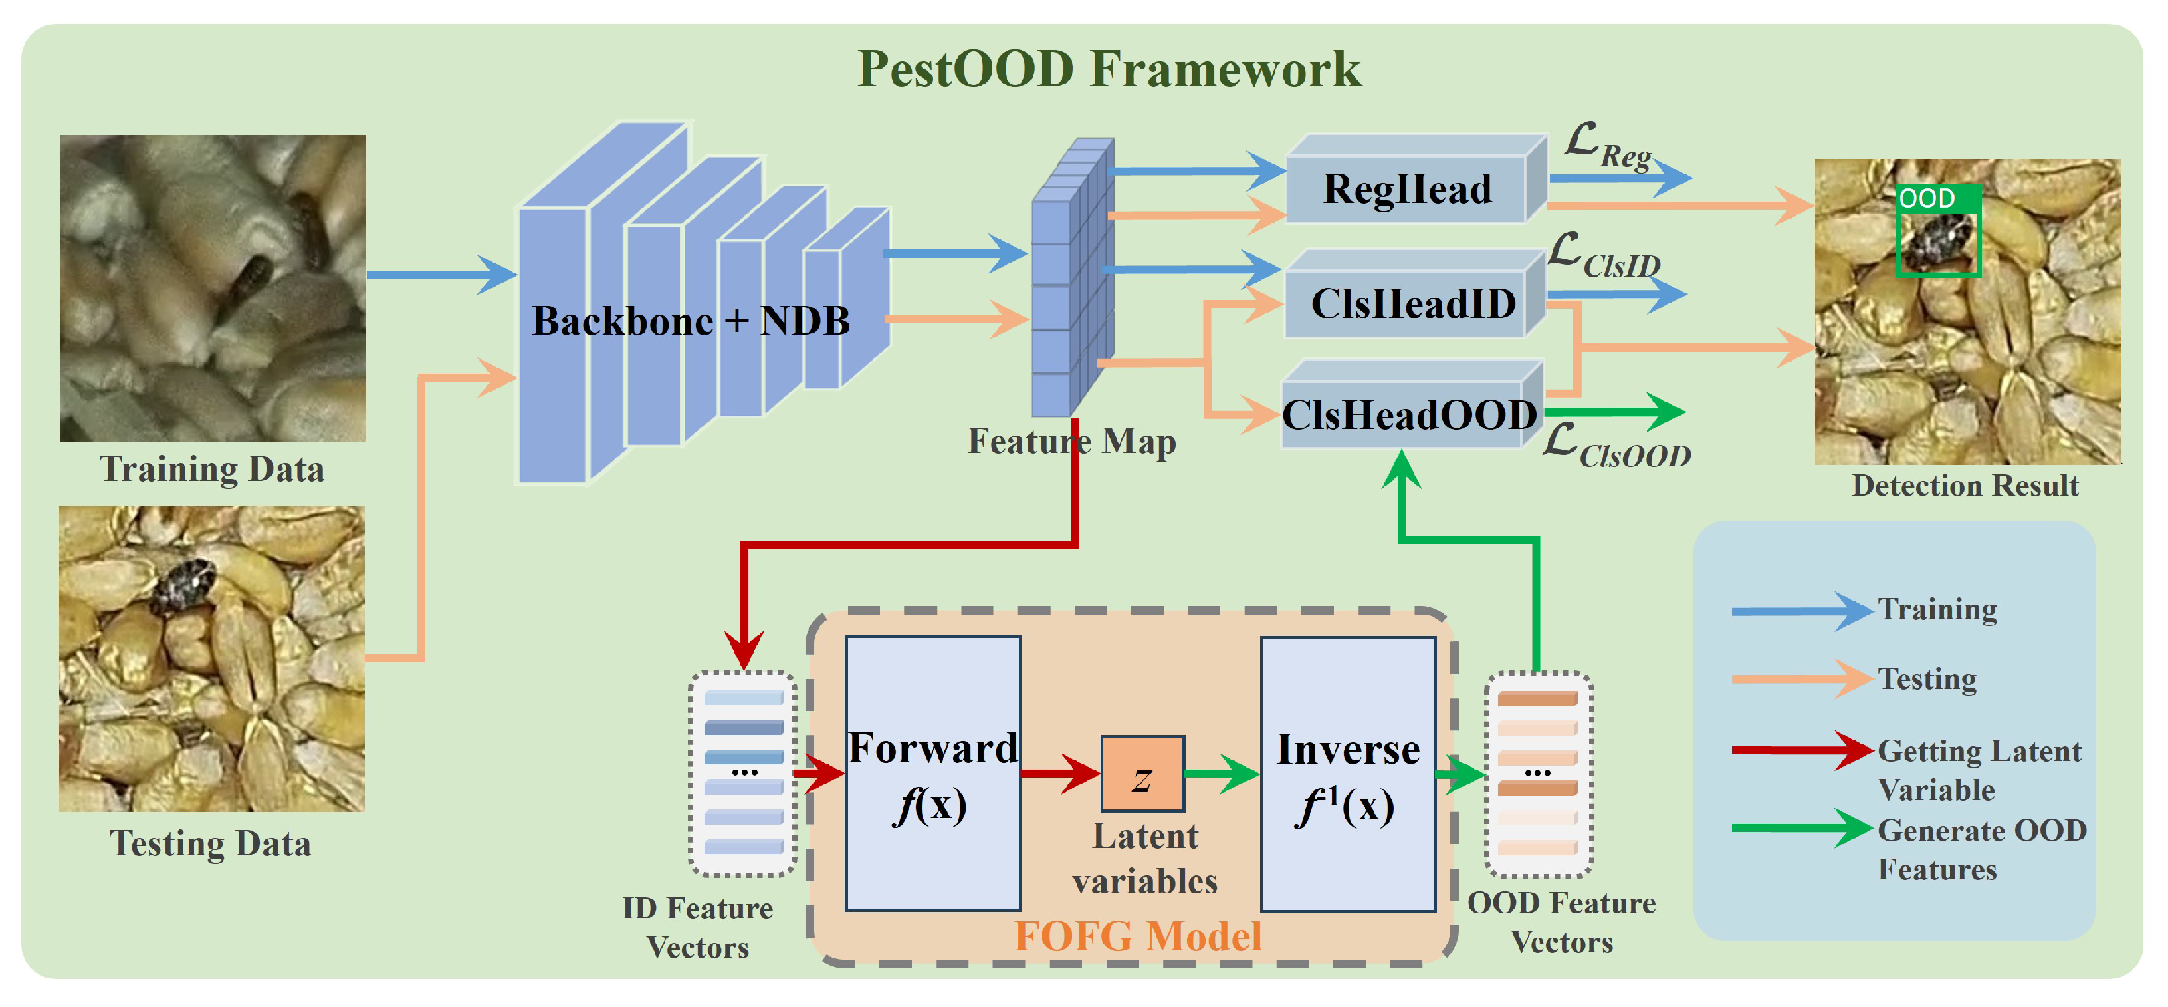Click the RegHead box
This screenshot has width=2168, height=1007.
(x=1407, y=188)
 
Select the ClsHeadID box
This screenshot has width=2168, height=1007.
(x=1412, y=303)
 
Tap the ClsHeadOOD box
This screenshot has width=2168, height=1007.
(x=1410, y=415)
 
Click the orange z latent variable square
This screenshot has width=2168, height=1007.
(x=1142, y=774)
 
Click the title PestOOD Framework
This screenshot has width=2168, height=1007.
(x=1108, y=69)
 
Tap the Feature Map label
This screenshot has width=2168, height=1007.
(x=1071, y=441)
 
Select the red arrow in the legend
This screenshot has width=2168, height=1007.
(x=1801, y=750)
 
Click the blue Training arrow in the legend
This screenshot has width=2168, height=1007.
(x=1801, y=611)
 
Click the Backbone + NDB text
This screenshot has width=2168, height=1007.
(x=690, y=321)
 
